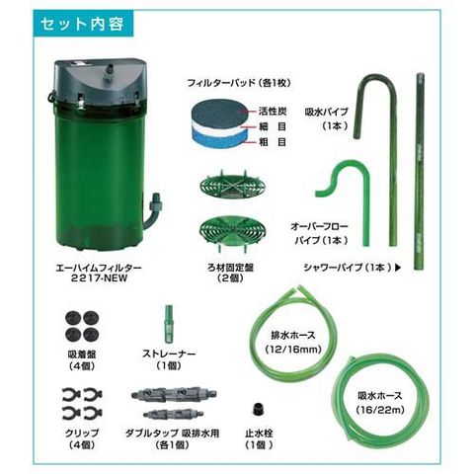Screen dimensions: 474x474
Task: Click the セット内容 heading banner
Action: click(83, 23)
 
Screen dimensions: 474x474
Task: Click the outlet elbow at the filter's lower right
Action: click(153, 211)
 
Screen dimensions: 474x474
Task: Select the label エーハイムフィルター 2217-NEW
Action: click(99, 273)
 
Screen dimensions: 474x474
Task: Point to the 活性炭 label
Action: click(273, 112)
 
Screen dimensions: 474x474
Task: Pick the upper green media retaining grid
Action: click(233, 187)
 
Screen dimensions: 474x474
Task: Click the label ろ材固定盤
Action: click(230, 268)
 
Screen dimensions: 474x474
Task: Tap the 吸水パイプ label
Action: click(326, 112)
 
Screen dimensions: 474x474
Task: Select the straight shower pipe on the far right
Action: click(420, 171)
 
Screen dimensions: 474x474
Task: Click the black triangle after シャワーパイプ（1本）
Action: click(398, 268)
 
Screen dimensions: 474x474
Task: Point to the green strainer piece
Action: click(169, 323)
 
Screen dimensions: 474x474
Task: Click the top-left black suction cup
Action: click(72, 318)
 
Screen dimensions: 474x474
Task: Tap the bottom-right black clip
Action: click(93, 413)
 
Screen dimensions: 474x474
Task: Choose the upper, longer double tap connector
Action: click(174, 394)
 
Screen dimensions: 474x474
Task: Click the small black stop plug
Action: click(259, 409)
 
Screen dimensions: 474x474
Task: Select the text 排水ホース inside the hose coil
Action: click(293, 336)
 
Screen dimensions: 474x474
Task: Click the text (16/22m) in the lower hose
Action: click(380, 410)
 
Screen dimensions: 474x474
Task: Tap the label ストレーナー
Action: click(169, 355)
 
